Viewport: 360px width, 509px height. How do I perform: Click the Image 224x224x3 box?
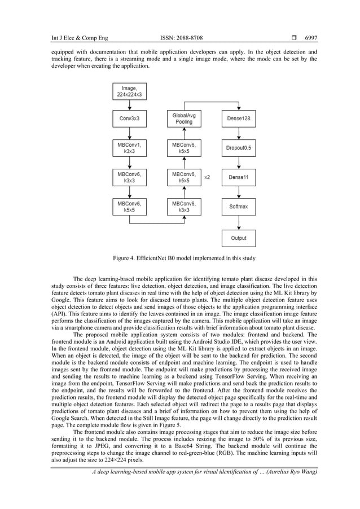(130, 91)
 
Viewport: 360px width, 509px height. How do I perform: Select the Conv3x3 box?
(130, 119)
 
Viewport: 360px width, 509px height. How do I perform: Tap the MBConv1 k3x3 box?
(130, 148)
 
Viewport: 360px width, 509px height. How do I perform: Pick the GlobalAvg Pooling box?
(184, 119)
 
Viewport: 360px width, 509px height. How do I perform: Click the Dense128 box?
(238, 119)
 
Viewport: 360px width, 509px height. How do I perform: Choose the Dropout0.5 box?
(238, 148)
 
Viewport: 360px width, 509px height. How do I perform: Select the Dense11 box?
(238, 177)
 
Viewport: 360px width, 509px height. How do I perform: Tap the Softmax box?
(238, 207)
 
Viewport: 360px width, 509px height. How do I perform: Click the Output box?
(238, 238)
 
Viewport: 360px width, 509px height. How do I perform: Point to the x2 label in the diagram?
(207, 177)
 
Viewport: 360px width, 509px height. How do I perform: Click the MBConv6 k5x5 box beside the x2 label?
(184, 177)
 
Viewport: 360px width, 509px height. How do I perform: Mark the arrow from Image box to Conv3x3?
(130, 105)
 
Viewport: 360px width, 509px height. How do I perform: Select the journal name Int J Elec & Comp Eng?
(80, 38)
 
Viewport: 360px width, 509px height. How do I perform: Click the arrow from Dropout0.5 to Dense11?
(238, 163)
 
